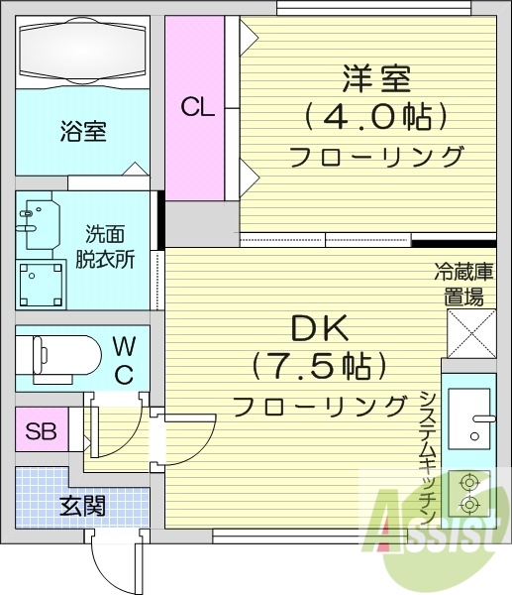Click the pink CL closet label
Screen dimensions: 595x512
coord(197,107)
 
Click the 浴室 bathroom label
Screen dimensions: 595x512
coord(83,131)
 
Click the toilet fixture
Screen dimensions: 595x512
coord(60,354)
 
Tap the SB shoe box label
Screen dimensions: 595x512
coord(40,432)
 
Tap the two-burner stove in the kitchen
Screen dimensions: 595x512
coord(467,492)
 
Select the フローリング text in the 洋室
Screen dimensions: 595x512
coord(376,157)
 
